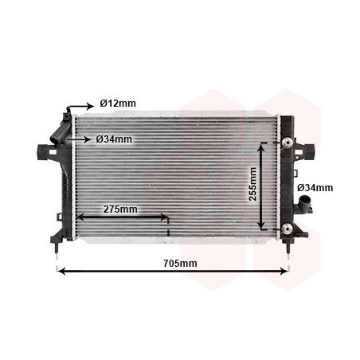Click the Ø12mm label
[x=117, y=103]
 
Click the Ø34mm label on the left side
[x=113, y=139]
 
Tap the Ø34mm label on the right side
[x=315, y=188]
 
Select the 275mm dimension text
[x=120, y=209]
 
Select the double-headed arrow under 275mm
[x=123, y=217]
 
